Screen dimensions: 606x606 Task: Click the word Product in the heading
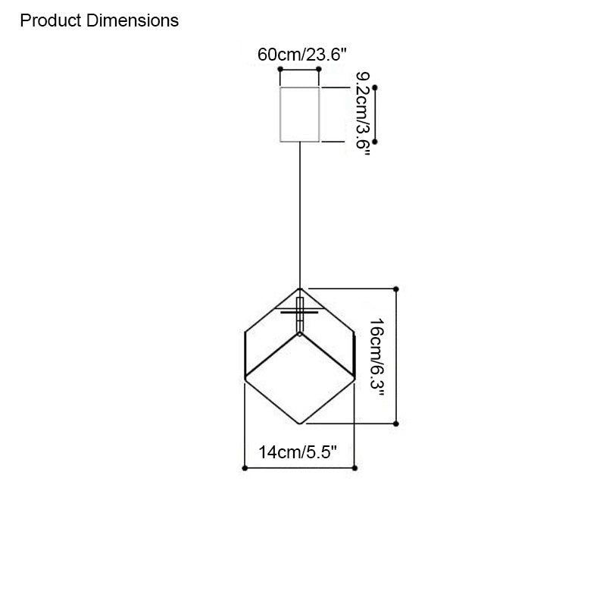click(51, 20)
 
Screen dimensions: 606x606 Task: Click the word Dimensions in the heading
click(133, 20)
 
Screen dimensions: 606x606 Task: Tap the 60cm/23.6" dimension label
click(301, 55)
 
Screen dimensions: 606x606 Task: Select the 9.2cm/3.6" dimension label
click(363, 114)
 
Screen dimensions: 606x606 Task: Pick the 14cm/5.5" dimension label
click(298, 451)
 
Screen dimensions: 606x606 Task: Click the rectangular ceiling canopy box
click(299, 114)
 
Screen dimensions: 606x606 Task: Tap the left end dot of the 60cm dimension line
click(280, 69)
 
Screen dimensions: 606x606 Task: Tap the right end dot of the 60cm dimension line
click(319, 69)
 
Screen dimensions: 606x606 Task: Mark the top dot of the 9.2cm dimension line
click(374, 88)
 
